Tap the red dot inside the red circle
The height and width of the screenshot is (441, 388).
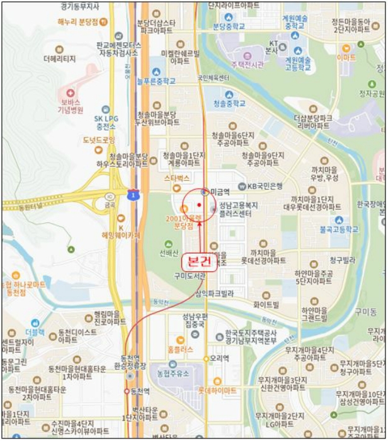click(198, 205)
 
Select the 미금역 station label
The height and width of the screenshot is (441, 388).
click(220, 191)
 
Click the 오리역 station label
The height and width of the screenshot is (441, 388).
click(219, 358)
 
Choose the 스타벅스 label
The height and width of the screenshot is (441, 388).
click(177, 178)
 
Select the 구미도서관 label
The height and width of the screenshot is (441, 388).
click(190, 276)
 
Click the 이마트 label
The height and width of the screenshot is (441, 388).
click(346, 57)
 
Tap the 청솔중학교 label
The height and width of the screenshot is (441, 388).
click(229, 103)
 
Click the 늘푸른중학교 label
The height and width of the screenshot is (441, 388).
click(157, 81)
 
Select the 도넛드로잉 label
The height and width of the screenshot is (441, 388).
click(100, 140)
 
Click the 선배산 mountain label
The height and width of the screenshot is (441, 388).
click(169, 255)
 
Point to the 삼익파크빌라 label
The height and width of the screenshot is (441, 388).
click(214, 293)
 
